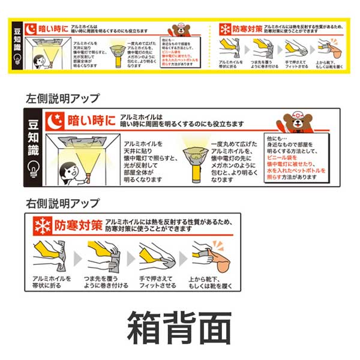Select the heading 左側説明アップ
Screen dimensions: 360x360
coord(63,98)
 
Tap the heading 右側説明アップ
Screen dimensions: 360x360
coord(63,203)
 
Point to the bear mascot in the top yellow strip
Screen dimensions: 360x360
coord(179,31)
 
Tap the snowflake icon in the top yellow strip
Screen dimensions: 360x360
coord(225,28)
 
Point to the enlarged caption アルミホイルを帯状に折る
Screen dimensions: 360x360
coord(52,282)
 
